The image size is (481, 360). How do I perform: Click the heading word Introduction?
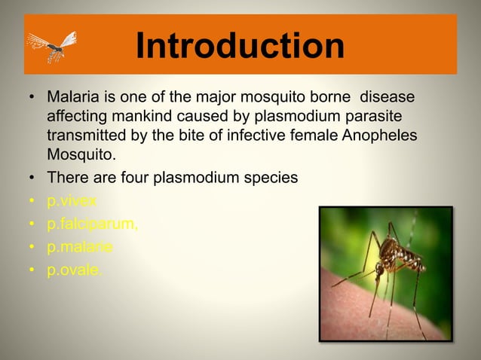pos(240,47)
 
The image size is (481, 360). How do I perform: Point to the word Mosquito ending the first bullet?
pos(75,156)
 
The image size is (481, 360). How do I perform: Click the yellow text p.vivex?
pos(71,202)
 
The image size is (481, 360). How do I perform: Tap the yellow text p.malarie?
pos(80,247)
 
